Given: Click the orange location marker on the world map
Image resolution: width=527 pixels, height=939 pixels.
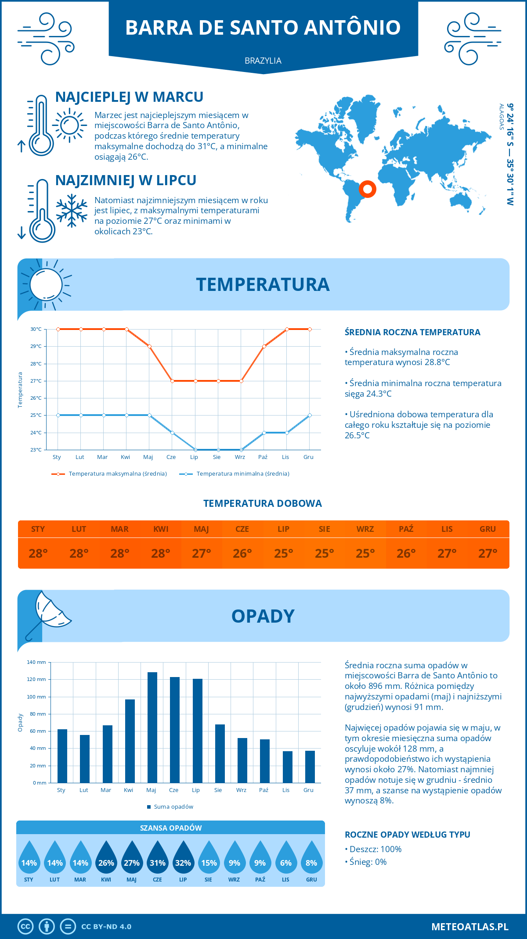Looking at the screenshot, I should [368, 189].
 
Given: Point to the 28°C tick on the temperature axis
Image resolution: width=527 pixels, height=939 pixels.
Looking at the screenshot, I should [36, 364].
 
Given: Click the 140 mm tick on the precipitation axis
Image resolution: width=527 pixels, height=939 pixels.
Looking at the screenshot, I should [37, 662].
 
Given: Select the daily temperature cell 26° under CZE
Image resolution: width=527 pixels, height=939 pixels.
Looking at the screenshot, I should [242, 553].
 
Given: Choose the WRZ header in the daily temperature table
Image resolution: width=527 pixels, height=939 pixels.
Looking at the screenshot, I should [365, 529].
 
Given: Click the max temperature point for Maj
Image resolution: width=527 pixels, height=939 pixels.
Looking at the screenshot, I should [149, 347].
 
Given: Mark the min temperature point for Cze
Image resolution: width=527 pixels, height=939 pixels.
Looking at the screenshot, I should [172, 433].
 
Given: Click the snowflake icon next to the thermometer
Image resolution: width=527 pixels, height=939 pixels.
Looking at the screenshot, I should [72, 211].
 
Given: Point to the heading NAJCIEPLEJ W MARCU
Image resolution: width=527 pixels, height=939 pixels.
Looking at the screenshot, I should [129, 97].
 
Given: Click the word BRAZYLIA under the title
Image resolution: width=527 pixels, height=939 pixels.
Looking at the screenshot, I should [263, 61].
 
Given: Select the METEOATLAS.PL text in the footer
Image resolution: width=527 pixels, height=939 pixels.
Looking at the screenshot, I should [470, 927].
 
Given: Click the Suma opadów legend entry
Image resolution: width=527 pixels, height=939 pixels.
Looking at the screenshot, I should [173, 807].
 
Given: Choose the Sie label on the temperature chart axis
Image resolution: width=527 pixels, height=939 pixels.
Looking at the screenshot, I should [217, 457].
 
